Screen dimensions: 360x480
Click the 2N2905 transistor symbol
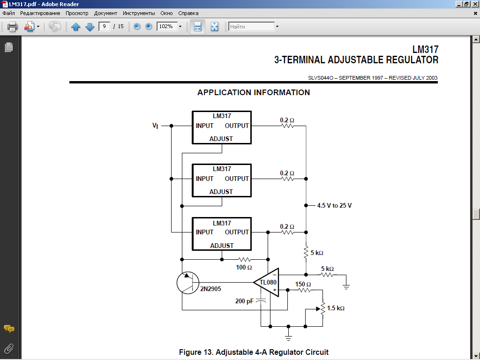(x=188, y=283)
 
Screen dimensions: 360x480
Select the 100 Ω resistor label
(x=244, y=268)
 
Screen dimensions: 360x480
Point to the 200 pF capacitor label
(x=244, y=301)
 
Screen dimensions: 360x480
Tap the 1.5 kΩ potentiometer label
(x=336, y=308)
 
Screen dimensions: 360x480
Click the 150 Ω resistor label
(x=303, y=284)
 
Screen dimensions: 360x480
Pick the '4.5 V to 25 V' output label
(x=334, y=205)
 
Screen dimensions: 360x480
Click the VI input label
(x=155, y=126)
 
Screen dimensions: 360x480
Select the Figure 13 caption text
(x=254, y=352)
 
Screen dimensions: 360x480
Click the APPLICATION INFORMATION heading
(x=254, y=92)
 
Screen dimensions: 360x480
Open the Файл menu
(x=8, y=13)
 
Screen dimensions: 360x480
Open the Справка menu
(x=189, y=13)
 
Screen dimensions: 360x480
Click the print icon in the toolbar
(x=13, y=27)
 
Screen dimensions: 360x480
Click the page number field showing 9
(x=104, y=27)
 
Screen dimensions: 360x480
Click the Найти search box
(x=251, y=27)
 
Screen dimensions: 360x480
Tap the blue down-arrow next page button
(x=90, y=27)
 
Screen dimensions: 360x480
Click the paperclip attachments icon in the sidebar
(x=8, y=348)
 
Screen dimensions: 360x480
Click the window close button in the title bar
(x=474, y=4)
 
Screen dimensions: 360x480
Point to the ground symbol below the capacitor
(x=289, y=337)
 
